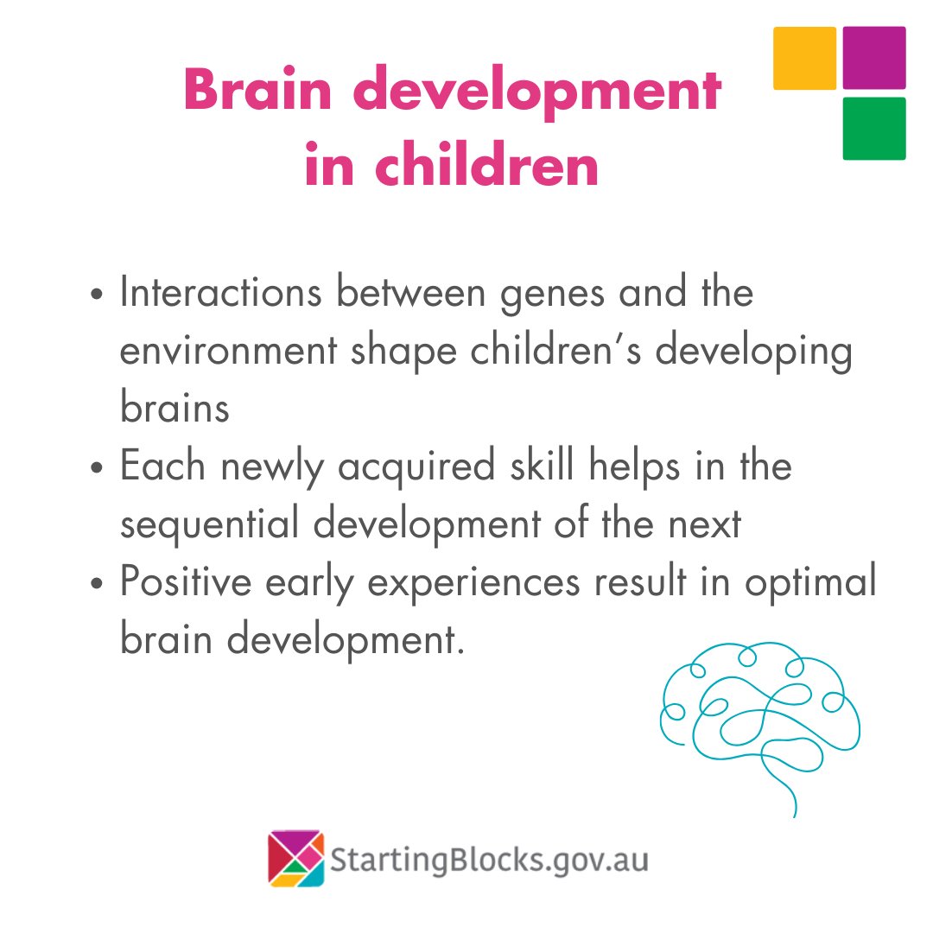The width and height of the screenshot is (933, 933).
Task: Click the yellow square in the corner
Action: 804,58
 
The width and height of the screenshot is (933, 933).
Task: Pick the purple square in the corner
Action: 874,58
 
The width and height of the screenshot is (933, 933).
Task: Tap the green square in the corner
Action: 874,129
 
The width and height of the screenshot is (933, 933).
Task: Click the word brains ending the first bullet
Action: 175,408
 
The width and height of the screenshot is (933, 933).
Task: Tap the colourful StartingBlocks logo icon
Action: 295,859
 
